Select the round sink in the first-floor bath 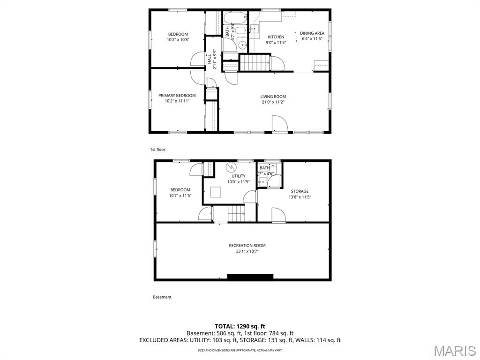[x=242, y=45]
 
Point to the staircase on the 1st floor [x=255, y=63]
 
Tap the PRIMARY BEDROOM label [x=177, y=96]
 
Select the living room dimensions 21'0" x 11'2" [x=273, y=102]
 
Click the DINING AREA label [x=312, y=33]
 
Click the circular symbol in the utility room [x=231, y=167]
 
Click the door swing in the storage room [x=278, y=215]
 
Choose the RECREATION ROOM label [x=247, y=246]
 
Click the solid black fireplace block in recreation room [x=250, y=277]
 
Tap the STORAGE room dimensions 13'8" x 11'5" [x=300, y=197]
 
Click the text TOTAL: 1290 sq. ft [x=240, y=326]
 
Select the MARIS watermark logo [x=454, y=350]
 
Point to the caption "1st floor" [x=157, y=150]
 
